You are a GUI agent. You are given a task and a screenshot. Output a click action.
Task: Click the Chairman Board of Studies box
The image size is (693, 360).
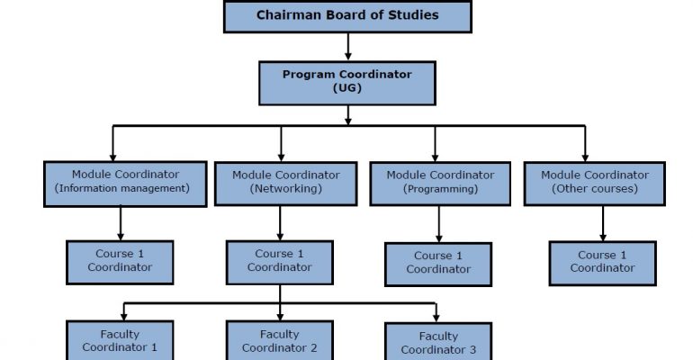347,16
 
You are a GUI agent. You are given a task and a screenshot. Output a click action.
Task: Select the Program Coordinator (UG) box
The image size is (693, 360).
347,83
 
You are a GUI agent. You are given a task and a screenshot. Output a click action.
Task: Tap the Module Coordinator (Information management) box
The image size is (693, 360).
125,184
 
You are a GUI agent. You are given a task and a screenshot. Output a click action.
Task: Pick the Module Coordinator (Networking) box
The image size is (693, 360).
286,184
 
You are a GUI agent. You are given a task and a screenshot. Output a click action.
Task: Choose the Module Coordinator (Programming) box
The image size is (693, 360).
440,184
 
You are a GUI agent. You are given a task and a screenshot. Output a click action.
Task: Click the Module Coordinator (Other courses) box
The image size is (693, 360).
594,184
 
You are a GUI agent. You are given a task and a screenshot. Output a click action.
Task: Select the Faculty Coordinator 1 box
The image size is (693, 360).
120,340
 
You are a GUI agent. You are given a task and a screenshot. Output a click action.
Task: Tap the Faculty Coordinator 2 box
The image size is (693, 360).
280,340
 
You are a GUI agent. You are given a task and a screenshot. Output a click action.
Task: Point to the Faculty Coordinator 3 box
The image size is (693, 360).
438,341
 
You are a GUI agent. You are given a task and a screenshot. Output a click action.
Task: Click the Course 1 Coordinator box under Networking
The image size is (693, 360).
280,263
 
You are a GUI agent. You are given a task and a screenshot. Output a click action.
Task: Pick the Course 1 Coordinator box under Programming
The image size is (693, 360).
438,264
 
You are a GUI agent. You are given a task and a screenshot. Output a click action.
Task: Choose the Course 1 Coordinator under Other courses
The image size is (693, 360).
603,264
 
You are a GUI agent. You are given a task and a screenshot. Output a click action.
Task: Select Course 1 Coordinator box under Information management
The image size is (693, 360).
120,263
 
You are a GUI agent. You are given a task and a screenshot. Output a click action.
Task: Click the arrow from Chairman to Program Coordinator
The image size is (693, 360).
348,47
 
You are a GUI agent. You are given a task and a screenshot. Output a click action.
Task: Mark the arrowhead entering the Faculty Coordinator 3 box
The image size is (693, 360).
436,318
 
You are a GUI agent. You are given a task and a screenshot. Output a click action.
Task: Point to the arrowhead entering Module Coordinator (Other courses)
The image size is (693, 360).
585,157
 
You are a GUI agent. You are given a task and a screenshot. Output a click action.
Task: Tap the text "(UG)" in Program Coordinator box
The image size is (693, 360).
347,88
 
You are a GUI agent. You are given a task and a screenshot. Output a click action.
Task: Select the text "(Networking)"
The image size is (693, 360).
286,189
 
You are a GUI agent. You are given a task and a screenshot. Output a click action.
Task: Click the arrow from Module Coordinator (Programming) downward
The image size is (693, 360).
439,224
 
